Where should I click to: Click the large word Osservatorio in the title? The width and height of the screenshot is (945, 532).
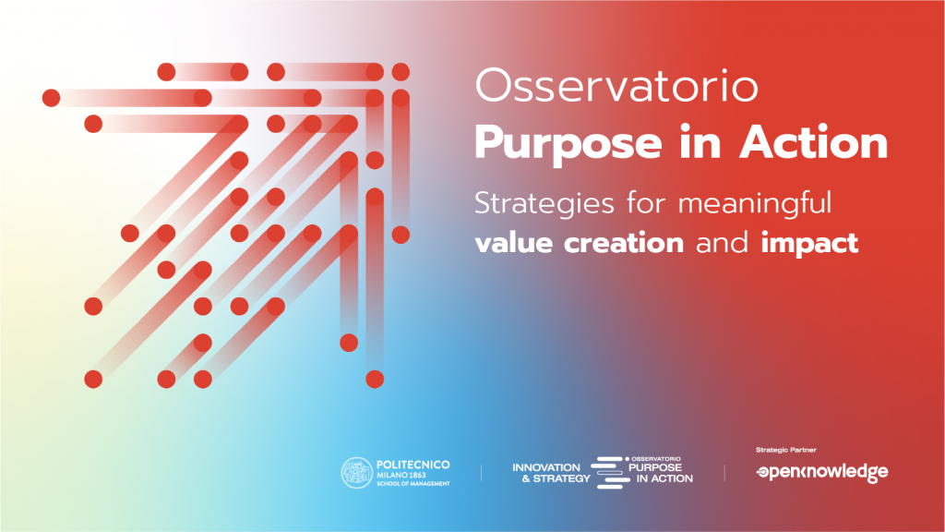pyautogui.click(x=616, y=86)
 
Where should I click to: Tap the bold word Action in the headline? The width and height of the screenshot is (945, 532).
pyautogui.click(x=814, y=142)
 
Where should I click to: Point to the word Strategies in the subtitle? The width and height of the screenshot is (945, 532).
pyautogui.click(x=544, y=204)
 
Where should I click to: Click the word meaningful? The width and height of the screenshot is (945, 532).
pyautogui.click(x=755, y=204)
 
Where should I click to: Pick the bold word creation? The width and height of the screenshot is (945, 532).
pyautogui.click(x=624, y=243)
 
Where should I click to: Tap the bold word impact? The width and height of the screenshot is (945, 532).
pyautogui.click(x=809, y=244)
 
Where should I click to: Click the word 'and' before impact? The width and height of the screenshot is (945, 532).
pyautogui.click(x=722, y=243)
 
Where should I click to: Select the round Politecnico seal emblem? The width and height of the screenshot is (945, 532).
pyautogui.click(x=357, y=472)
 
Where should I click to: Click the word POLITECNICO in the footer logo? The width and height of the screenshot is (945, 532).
pyautogui.click(x=413, y=465)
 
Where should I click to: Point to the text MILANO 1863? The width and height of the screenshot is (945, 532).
pyautogui.click(x=401, y=476)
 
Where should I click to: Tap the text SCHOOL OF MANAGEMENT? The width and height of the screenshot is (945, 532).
pyautogui.click(x=413, y=484)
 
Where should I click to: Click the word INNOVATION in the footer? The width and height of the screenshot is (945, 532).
pyautogui.click(x=546, y=467)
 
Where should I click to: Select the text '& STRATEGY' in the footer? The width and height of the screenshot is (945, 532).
pyautogui.click(x=556, y=479)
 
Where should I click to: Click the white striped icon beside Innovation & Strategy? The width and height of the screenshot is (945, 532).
pyautogui.click(x=610, y=472)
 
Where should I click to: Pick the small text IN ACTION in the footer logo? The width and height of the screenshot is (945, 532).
pyautogui.click(x=664, y=479)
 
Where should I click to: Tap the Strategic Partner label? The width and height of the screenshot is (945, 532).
pyautogui.click(x=786, y=450)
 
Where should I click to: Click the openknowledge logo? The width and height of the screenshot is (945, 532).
pyautogui.click(x=822, y=472)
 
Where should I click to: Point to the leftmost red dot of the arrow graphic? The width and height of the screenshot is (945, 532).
pyautogui.click(x=52, y=98)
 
